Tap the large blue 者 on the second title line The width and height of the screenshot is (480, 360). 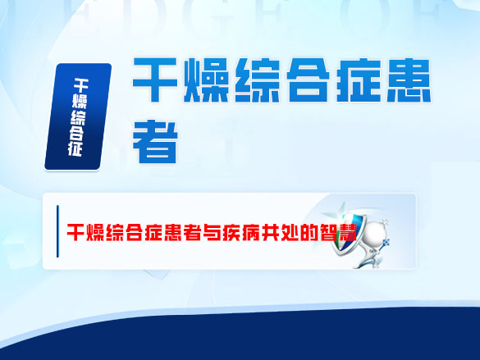156,140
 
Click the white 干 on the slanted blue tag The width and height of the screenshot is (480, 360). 82,84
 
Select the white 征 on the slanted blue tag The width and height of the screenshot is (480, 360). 75,148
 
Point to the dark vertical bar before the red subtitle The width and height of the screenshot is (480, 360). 57,232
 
